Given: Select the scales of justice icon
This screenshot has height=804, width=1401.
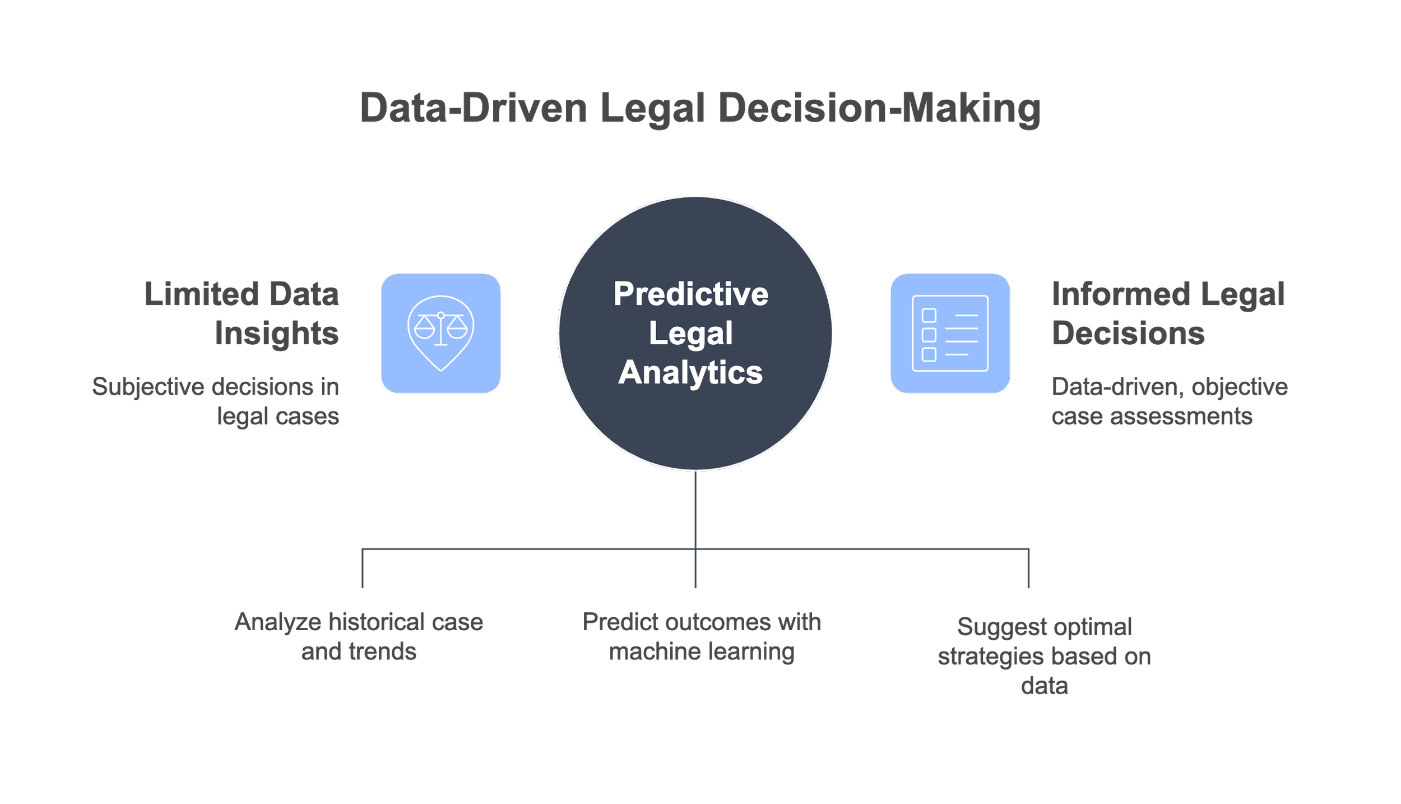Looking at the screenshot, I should click(x=440, y=333).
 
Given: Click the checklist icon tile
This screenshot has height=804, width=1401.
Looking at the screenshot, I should click(x=950, y=333).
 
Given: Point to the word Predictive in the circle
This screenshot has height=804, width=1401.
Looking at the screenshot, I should click(x=690, y=294).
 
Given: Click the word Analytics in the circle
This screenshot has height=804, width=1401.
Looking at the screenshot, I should click(x=690, y=372).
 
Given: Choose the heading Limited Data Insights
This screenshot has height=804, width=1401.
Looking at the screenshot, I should click(x=242, y=313).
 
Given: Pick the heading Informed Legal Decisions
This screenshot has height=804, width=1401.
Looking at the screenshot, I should click(x=1168, y=313).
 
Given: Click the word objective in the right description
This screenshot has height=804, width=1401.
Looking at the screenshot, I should click(x=1240, y=387).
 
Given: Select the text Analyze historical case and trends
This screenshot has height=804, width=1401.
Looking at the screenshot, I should click(x=359, y=636).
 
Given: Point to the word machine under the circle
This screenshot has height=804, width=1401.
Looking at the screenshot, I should click(x=650, y=651).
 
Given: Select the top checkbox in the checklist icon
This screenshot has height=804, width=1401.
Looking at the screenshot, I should click(x=929, y=315).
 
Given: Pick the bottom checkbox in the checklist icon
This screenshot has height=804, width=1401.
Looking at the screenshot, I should click(x=929, y=354).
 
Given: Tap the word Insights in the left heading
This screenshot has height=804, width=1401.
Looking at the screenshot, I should click(x=277, y=333).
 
